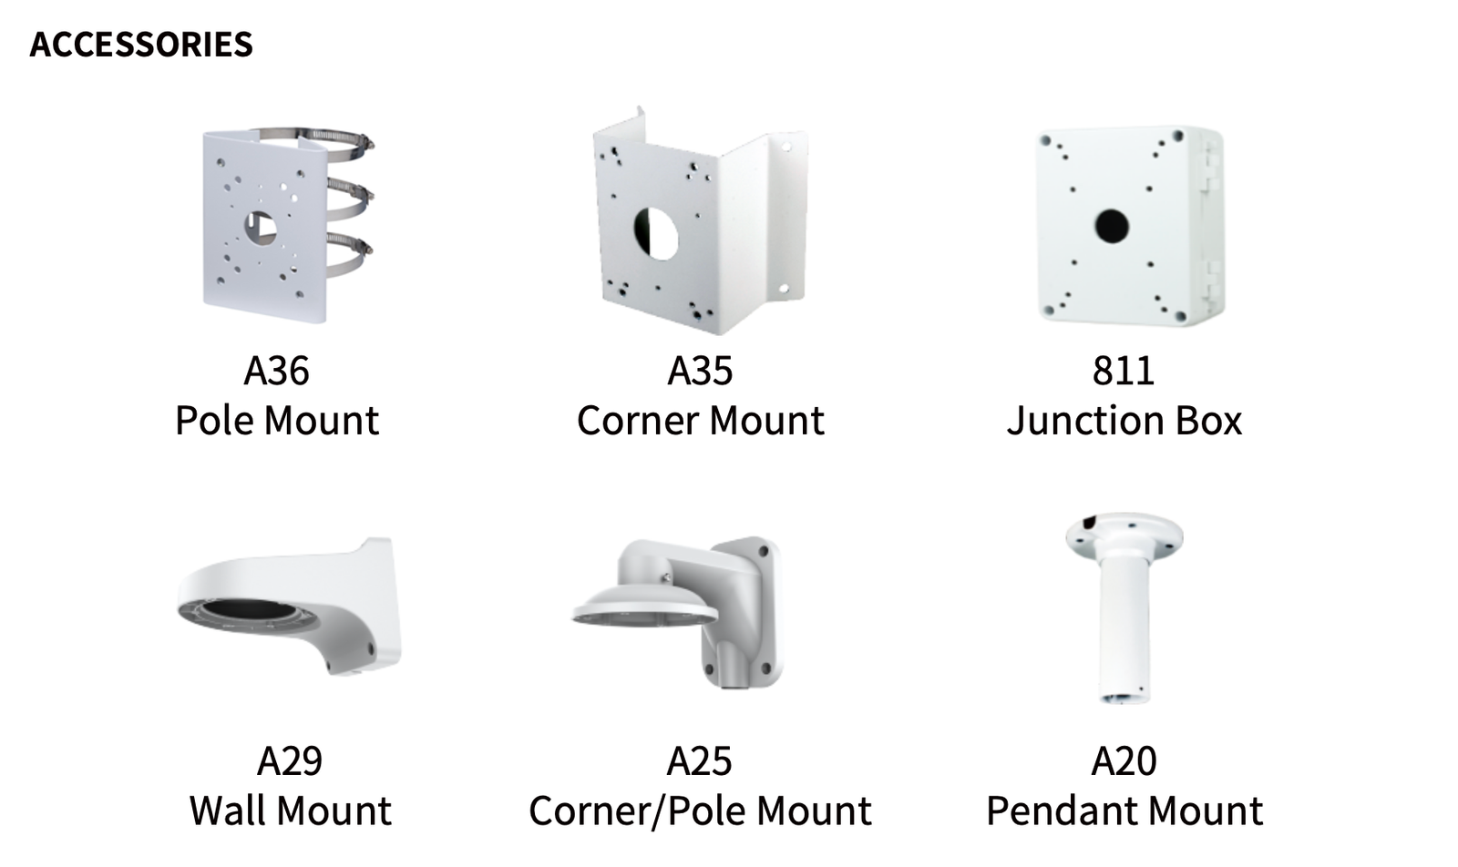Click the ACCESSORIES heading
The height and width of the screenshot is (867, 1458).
141,45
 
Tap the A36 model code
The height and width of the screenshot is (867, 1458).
277,371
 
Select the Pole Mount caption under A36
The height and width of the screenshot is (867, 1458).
277,420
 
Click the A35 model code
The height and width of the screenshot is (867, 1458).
701,371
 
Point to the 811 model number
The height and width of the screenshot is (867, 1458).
1124,371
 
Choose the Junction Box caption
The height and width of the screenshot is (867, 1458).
1124,420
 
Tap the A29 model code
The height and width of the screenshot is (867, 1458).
290,761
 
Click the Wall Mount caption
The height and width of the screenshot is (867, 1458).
291,811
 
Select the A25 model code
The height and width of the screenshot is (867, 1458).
700,761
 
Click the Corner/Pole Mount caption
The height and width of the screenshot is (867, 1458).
701,811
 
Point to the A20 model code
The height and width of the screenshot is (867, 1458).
1124,761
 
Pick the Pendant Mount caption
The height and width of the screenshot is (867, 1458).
1124,811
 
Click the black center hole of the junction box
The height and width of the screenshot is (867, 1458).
1112,227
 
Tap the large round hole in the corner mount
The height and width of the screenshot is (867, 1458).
656,233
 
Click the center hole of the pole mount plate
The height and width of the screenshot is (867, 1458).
261,228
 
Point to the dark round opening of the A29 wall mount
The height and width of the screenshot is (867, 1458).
250,613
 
